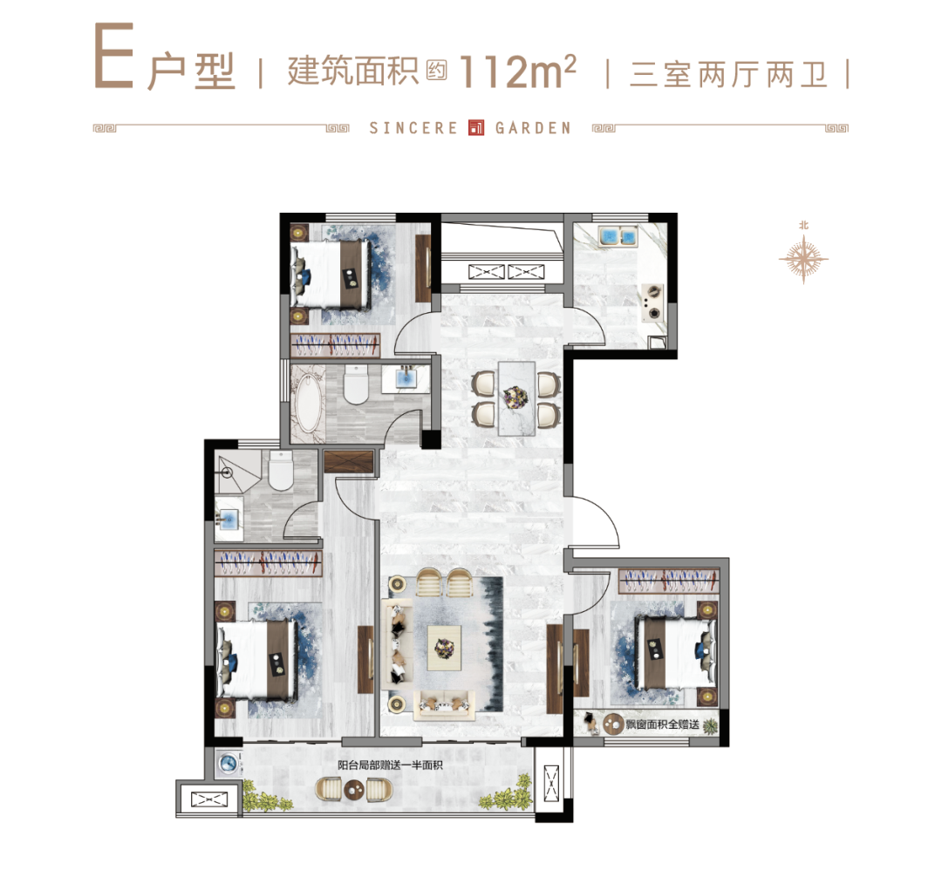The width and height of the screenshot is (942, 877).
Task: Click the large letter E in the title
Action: coord(113,56)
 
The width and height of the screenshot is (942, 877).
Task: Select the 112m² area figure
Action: coord(517,71)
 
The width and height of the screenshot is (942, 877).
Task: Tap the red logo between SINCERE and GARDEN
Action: coord(476,128)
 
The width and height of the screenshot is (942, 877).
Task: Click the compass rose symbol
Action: coord(803,259)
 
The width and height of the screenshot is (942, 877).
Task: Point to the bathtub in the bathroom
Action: coord(309,403)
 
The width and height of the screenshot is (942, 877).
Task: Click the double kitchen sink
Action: coord(618,235)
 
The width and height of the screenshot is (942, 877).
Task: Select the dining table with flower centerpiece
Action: coord(516,398)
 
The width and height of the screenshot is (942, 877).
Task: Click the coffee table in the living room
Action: coord(445,648)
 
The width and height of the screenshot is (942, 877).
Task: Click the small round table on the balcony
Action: coord(354,790)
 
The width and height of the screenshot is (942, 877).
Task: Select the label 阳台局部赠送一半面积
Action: coord(390,765)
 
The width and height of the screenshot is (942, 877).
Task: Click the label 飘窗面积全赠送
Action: coord(663,724)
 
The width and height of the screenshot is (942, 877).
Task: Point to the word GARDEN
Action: coord(533,128)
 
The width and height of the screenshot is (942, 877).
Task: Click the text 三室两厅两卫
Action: coord(728,74)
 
